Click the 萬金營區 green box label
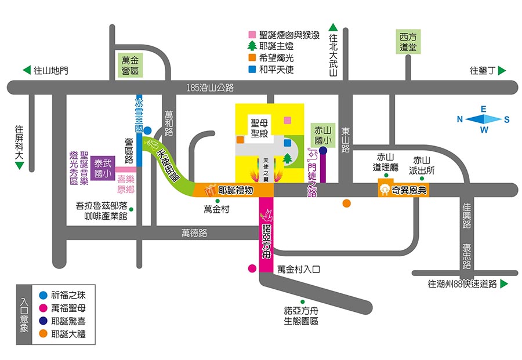(130, 65)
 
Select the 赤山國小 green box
(322, 134)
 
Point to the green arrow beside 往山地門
(27, 71)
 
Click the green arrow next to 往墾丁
(502, 71)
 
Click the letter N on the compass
(460, 119)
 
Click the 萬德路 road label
(194, 233)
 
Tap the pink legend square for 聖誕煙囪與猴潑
(252, 35)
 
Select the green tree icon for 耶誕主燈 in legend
(252, 46)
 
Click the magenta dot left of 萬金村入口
(252, 268)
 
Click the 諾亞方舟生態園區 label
(301, 315)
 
